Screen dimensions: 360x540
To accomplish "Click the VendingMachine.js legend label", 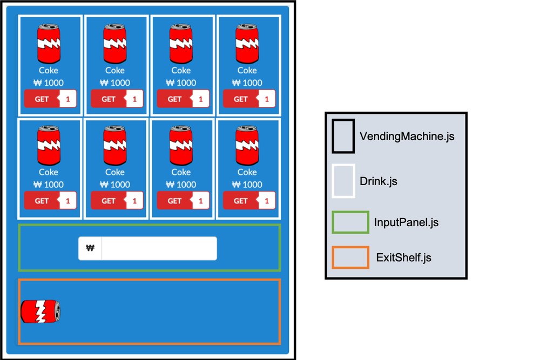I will [x=407, y=137].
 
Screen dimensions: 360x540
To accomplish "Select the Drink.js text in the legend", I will [x=379, y=181].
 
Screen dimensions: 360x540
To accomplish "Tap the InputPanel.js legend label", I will [x=406, y=222].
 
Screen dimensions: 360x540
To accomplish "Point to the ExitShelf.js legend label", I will [x=403, y=258].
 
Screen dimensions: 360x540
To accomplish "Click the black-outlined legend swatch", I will [x=343, y=136].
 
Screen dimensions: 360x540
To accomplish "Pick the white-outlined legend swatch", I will [x=343, y=181].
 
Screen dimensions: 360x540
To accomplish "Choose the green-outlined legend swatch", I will [x=350, y=222].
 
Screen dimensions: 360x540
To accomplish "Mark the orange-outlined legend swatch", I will [x=350, y=257].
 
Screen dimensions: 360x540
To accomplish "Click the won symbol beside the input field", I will [x=90, y=248].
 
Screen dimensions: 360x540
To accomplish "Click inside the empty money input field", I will [x=159, y=248].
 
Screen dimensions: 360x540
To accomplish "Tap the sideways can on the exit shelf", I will [x=40, y=311].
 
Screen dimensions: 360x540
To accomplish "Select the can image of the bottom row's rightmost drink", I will [x=247, y=145].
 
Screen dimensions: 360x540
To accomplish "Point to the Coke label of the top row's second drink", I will [x=115, y=70].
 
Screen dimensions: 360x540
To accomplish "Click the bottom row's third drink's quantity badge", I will [x=200, y=201].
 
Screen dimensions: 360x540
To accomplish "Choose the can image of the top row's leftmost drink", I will [x=49, y=44].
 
